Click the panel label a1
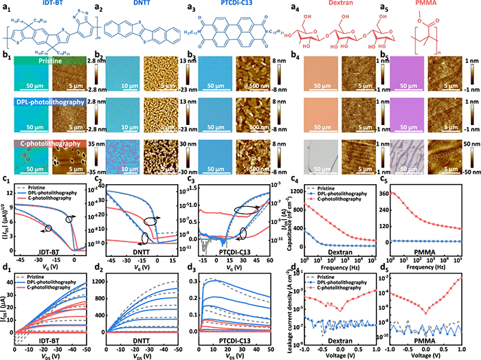point(6,5)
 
